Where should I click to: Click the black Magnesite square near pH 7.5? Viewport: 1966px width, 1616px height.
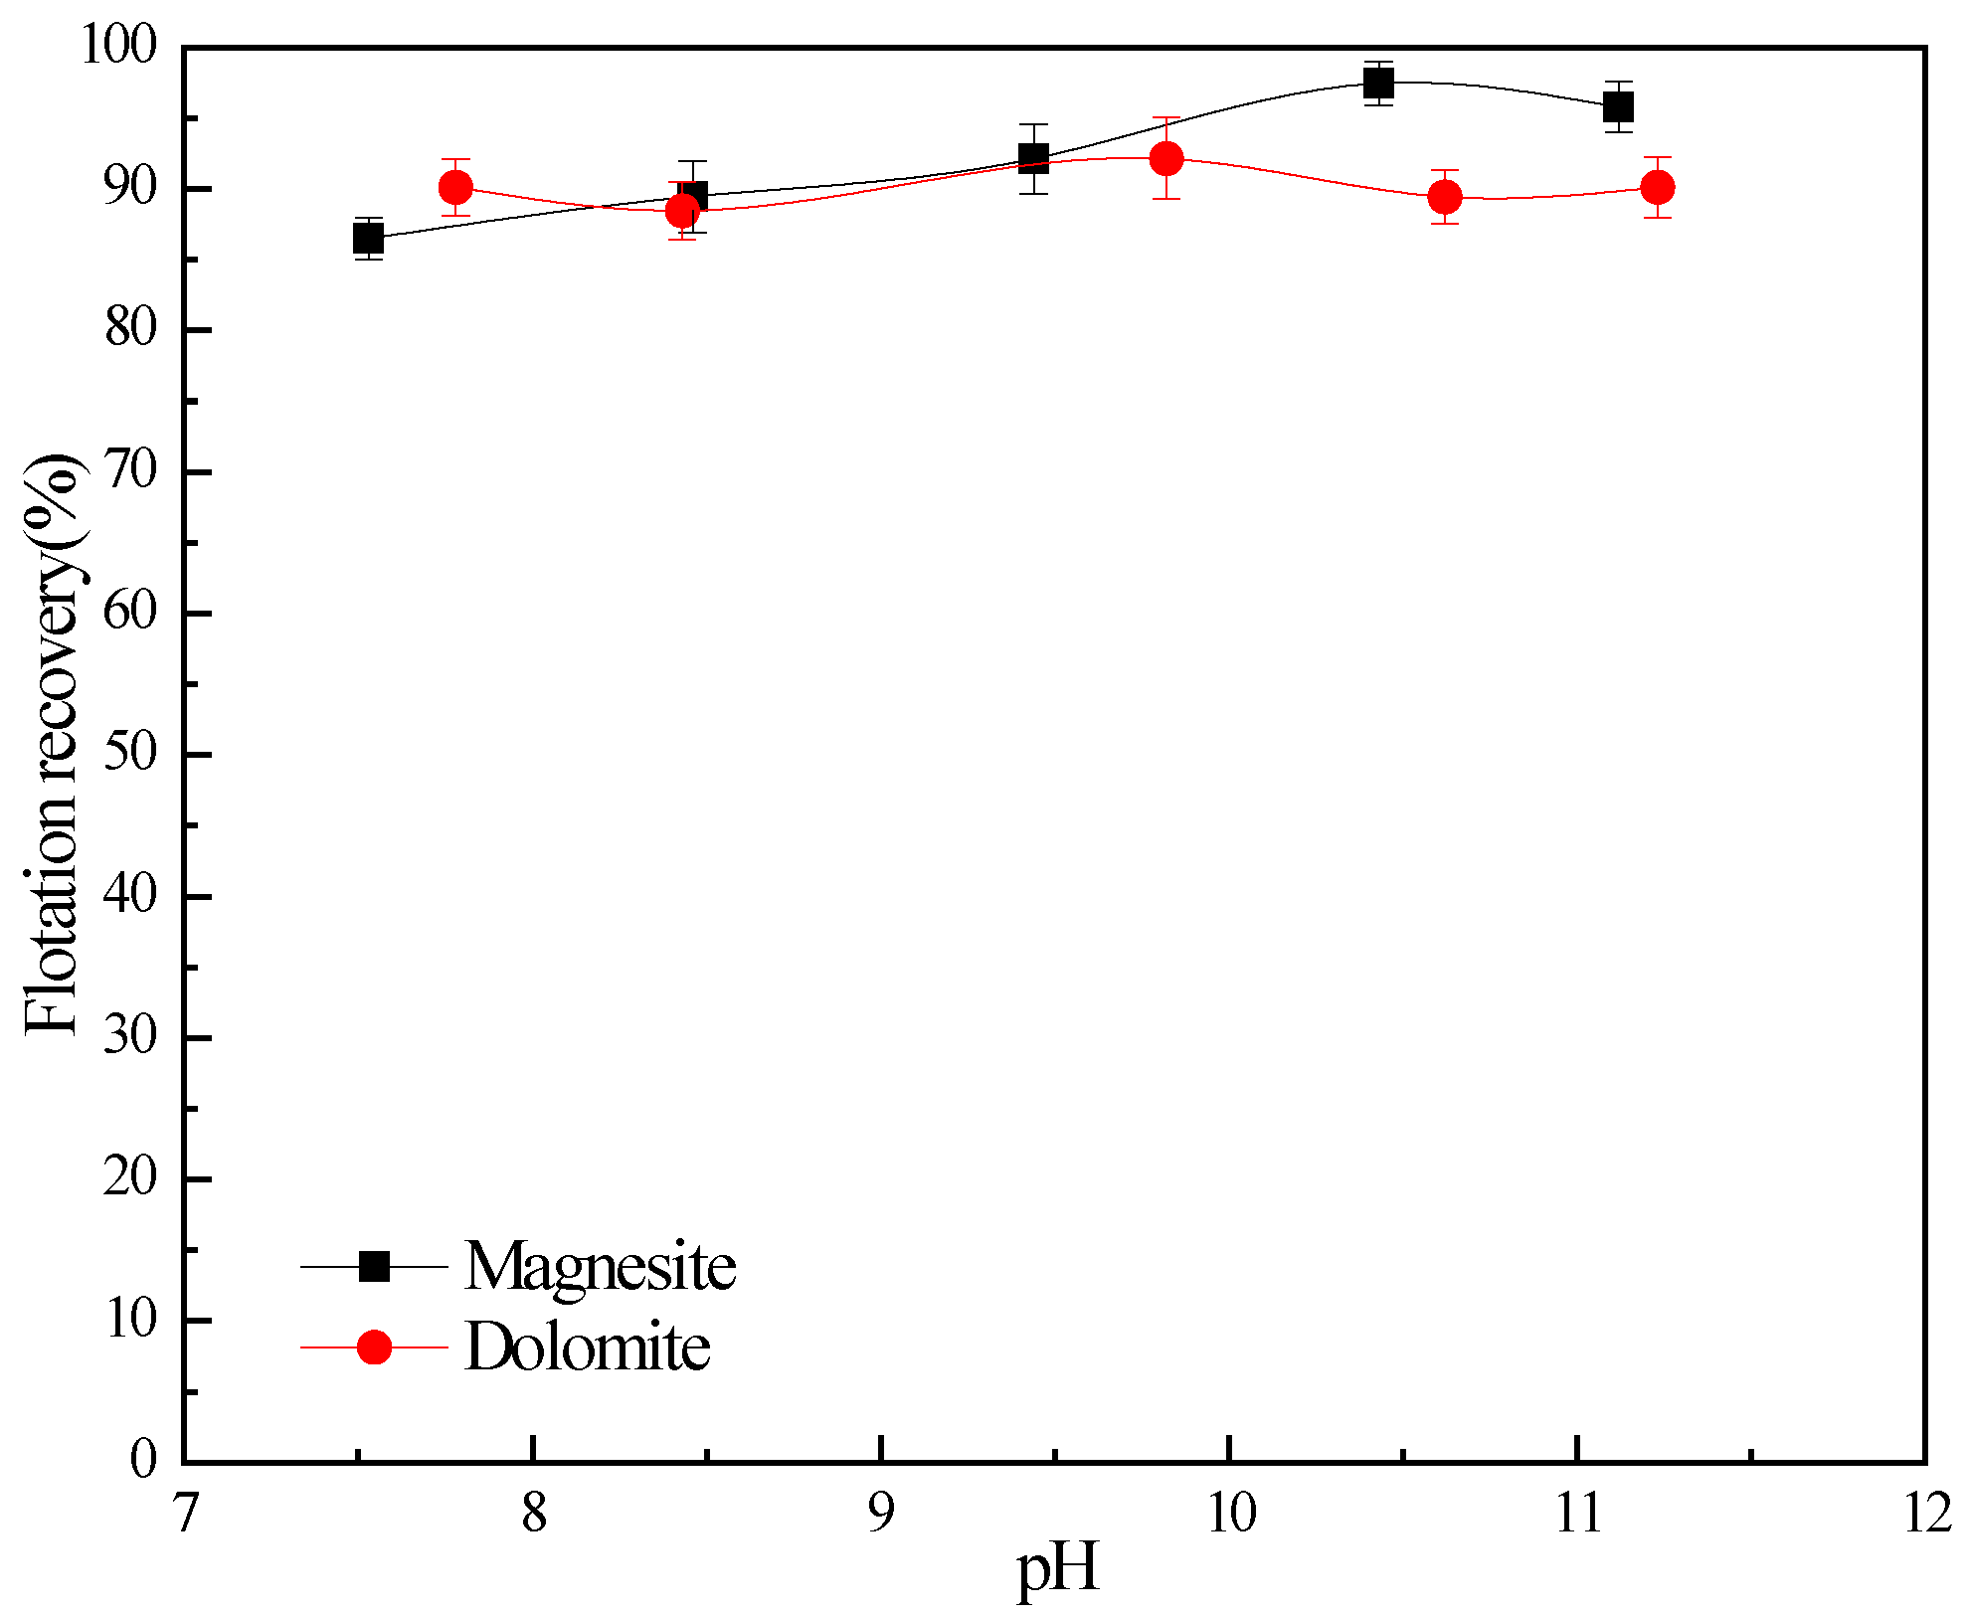point(368,239)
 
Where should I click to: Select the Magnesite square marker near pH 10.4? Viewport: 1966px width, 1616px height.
point(1377,84)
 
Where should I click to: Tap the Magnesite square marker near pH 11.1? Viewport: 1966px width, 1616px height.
point(1618,106)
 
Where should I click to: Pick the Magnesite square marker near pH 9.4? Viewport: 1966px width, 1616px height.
point(1033,158)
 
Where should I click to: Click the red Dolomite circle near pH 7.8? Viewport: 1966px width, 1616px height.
point(455,187)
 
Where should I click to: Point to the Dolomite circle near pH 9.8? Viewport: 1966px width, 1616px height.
point(1165,158)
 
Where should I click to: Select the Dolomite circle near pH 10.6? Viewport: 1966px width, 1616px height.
point(1445,197)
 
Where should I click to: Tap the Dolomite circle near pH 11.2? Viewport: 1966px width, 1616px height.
point(1657,187)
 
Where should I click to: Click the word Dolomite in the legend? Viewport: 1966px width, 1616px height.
point(587,1348)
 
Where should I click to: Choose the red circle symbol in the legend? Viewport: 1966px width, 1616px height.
point(374,1347)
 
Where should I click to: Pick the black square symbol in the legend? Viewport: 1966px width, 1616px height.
point(374,1266)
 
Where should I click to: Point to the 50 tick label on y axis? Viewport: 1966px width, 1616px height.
point(130,754)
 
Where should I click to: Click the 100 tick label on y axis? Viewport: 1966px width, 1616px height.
point(118,46)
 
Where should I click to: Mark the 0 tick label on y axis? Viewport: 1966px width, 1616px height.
point(143,1460)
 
